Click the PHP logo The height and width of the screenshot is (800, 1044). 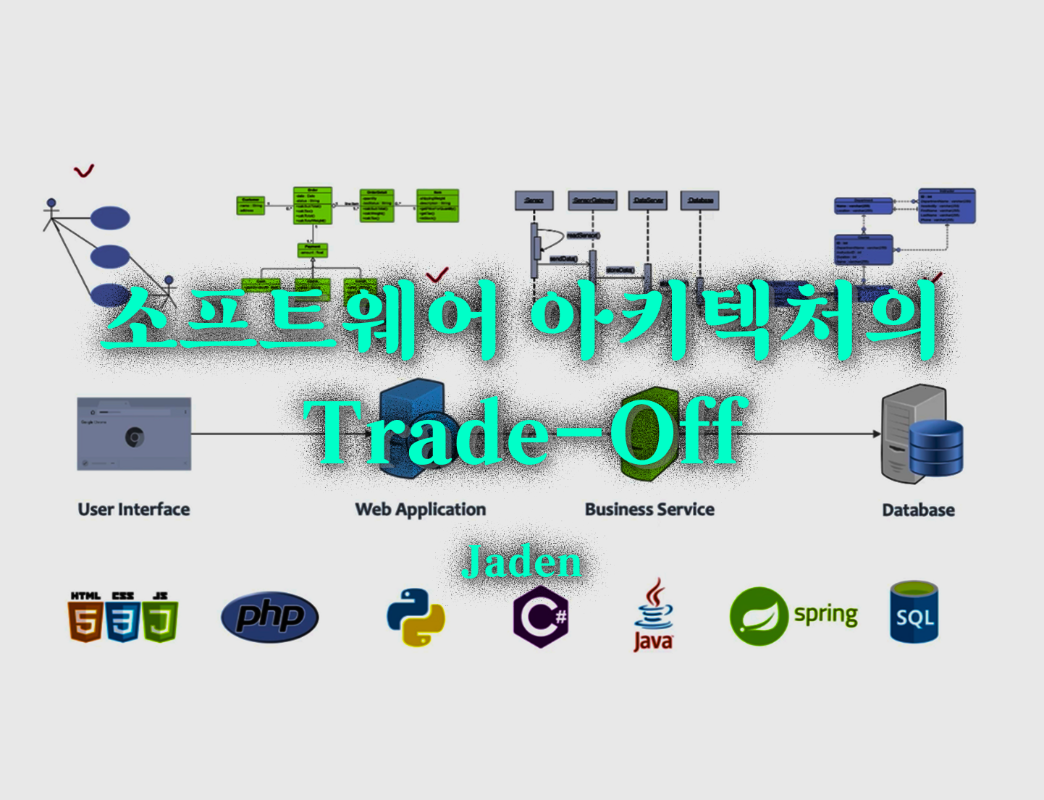coord(269,617)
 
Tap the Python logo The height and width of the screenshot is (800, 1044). coord(416,617)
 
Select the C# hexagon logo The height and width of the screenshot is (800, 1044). coord(541,618)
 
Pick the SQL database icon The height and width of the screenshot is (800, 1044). coord(914,613)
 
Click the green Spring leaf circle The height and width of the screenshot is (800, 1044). coord(758,616)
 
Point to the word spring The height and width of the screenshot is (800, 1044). coord(825,615)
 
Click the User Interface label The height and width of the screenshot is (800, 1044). coord(134,510)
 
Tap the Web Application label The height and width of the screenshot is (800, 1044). coord(420,510)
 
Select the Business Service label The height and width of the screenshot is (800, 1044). coord(649,510)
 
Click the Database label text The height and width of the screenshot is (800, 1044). coord(918,510)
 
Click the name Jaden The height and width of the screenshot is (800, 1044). coord(521,562)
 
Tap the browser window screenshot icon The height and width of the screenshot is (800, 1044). coord(134,434)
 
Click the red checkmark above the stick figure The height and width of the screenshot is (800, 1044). coord(84,171)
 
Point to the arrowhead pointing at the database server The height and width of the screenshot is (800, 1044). coord(877,434)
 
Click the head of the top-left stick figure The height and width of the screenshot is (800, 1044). coord(51,203)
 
